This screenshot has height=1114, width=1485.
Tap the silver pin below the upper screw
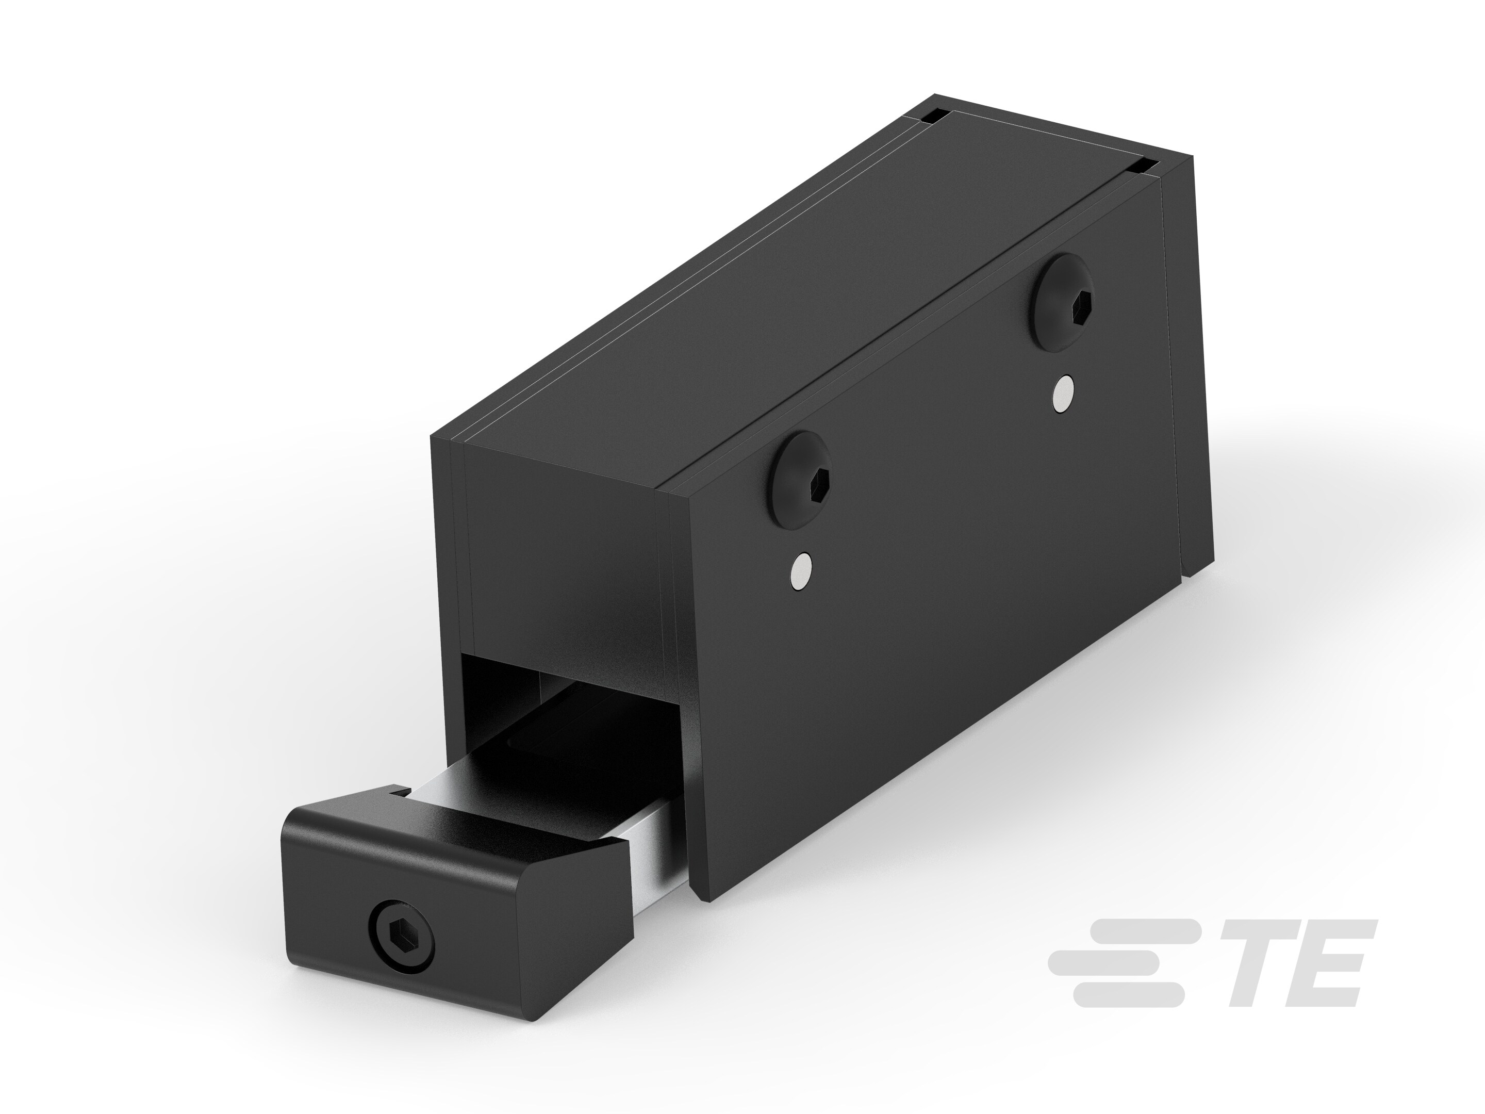[x=1063, y=394]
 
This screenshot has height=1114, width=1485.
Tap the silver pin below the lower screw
[x=802, y=571]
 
